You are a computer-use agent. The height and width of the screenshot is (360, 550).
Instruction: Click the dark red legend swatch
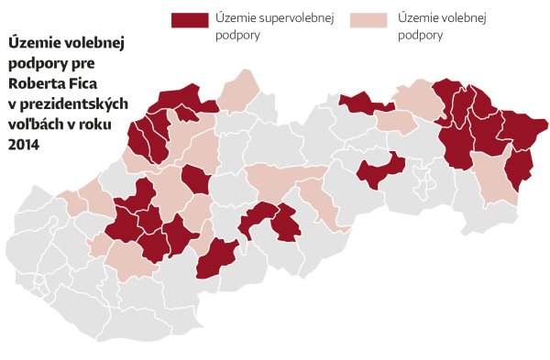click(190, 19)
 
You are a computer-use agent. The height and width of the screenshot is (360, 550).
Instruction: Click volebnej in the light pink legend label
click(460, 19)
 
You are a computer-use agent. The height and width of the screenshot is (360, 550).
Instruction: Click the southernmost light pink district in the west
click(129, 261)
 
